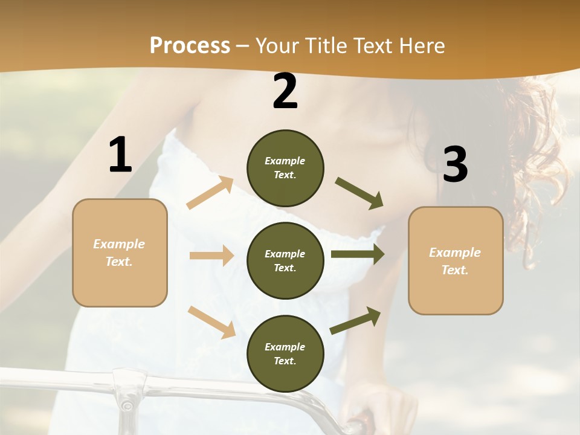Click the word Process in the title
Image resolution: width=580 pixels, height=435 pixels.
(x=190, y=45)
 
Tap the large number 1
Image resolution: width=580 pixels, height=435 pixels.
(x=120, y=155)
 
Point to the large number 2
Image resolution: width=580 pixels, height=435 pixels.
(x=285, y=91)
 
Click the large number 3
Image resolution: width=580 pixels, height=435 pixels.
(x=455, y=164)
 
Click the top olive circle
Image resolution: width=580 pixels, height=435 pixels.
(x=285, y=168)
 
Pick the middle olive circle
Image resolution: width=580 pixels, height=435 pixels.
(x=285, y=260)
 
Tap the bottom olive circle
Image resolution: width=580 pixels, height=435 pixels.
(x=285, y=353)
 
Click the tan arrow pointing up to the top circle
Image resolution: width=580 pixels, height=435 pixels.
(x=210, y=193)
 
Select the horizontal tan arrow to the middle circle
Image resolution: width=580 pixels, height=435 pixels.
(x=211, y=256)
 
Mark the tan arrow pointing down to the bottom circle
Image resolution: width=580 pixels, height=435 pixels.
(x=212, y=322)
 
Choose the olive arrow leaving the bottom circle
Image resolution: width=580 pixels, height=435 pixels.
(x=356, y=320)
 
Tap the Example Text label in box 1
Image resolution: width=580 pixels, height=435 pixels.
(x=119, y=253)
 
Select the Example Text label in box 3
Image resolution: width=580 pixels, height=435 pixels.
(x=455, y=261)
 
